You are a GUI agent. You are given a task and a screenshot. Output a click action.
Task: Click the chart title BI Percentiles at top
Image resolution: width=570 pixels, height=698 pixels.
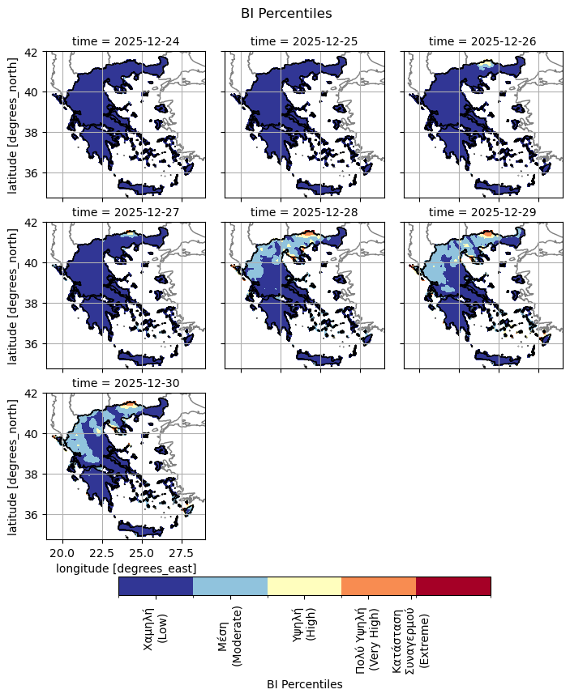coord(285,13)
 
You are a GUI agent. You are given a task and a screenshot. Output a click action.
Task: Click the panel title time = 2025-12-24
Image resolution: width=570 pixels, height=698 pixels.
coord(126,40)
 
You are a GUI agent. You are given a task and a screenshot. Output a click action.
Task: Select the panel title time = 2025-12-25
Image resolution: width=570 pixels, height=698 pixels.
coord(304,40)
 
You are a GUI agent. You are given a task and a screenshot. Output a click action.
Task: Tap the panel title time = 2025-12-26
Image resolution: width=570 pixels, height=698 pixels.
coord(482,40)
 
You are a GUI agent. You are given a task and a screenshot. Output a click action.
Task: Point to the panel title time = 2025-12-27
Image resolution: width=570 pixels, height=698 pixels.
coord(126,211)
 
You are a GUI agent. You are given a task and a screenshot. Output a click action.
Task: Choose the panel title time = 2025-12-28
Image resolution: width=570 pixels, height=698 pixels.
coord(304,211)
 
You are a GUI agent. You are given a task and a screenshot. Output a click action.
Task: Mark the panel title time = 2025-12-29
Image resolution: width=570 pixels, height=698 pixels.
coord(482,211)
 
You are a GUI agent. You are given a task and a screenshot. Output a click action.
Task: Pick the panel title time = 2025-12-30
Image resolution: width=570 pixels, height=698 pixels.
coord(126,382)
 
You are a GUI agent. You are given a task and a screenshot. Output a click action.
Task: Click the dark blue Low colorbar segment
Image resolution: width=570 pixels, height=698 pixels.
coord(156,586)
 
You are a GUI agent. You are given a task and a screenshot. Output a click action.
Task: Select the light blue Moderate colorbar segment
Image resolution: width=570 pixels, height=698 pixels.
coord(230,586)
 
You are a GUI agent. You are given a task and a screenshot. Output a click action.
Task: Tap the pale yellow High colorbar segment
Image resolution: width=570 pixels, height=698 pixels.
coord(304,586)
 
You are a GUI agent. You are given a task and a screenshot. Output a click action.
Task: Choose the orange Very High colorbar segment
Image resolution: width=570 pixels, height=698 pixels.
coord(379,586)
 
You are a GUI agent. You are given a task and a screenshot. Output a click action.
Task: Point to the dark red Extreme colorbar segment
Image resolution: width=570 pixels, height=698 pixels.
coord(453,586)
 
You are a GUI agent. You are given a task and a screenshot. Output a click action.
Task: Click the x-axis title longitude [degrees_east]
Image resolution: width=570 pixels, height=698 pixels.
coord(126,568)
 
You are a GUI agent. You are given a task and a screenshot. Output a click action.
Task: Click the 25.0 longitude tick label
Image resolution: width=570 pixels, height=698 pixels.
coord(141,552)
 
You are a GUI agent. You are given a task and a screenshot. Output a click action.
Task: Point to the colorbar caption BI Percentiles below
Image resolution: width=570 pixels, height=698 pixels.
coord(304,684)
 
